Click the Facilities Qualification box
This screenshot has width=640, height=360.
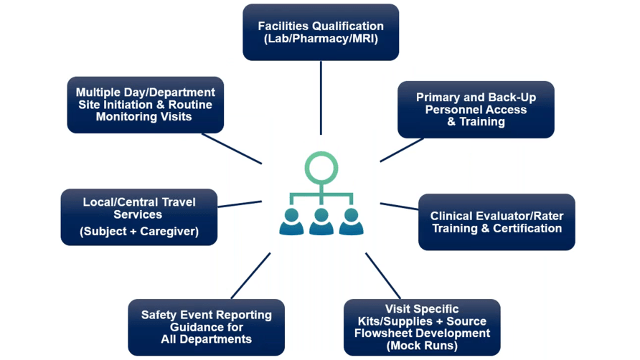[321, 32]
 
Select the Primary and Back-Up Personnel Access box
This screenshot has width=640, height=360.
[476, 109]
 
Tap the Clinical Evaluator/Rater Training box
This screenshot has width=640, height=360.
[497, 222]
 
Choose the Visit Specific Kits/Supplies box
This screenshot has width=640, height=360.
[422, 327]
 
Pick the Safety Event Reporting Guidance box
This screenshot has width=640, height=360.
[207, 327]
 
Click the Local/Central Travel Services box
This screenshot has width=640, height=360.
[139, 217]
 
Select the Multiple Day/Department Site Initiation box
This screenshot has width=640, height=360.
[146, 104]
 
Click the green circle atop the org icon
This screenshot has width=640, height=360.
[320, 166]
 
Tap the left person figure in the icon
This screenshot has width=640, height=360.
[291, 222]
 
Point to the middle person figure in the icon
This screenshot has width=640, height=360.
[321, 222]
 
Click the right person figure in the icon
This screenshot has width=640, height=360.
[351, 222]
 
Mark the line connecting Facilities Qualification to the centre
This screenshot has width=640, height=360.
[321, 97]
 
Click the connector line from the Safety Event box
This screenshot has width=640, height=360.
[250, 275]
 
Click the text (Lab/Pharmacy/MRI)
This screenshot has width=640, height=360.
[321, 39]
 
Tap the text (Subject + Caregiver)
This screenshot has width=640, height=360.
[139, 232]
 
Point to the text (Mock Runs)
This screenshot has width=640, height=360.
[422, 346]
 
